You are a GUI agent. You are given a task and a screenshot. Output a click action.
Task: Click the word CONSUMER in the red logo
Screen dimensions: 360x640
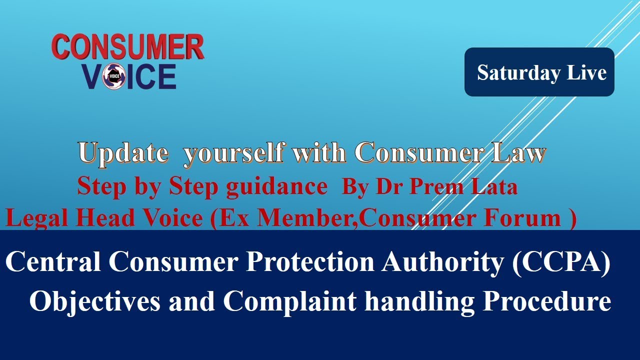128,48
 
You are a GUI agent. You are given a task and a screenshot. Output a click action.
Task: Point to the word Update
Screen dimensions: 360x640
123,153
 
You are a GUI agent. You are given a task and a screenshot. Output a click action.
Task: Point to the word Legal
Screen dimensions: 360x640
34,218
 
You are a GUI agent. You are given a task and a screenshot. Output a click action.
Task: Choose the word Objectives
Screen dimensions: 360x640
95,301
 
